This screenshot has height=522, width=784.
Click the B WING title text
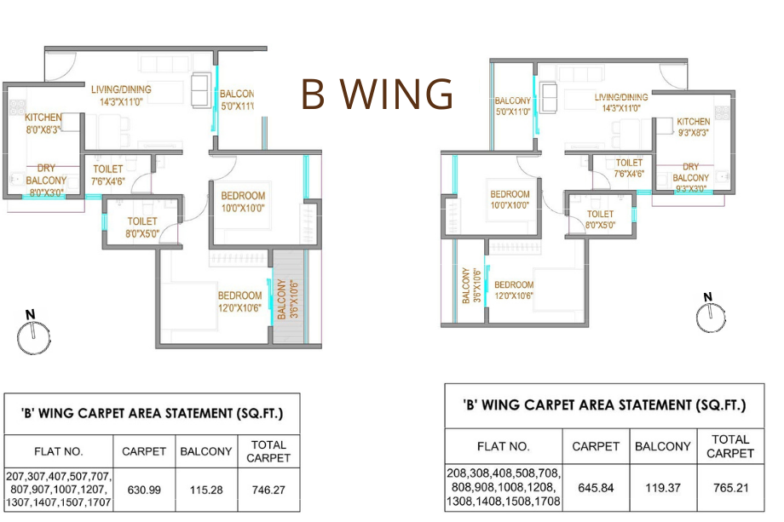tap(377, 95)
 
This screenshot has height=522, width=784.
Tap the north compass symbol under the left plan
tap(31, 336)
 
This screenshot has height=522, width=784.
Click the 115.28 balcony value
tap(205, 490)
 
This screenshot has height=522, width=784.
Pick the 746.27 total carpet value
tap(268, 490)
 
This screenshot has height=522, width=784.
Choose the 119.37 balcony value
tap(663, 488)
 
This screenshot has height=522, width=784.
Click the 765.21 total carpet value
tap(730, 488)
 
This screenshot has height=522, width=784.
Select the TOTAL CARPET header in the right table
tap(730, 446)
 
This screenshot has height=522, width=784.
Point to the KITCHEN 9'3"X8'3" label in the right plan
tap(693, 127)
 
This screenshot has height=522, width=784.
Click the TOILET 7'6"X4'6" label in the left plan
tap(107, 175)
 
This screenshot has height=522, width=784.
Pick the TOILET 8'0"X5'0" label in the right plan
tap(600, 220)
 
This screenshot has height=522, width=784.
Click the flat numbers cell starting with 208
tap(503, 488)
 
